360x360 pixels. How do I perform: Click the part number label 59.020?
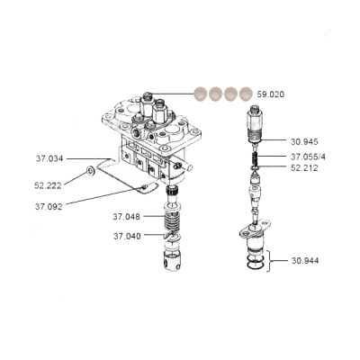[270, 94]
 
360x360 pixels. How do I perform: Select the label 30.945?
[304, 141]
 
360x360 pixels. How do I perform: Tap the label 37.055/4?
[308, 157]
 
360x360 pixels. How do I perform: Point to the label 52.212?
[304, 168]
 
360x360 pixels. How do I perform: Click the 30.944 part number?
[305, 261]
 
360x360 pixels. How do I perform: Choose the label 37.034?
[49, 158]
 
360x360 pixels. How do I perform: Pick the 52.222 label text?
[48, 185]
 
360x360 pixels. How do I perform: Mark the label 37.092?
[49, 207]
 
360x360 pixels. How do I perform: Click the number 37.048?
[126, 216]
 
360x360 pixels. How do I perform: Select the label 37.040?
[127, 237]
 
